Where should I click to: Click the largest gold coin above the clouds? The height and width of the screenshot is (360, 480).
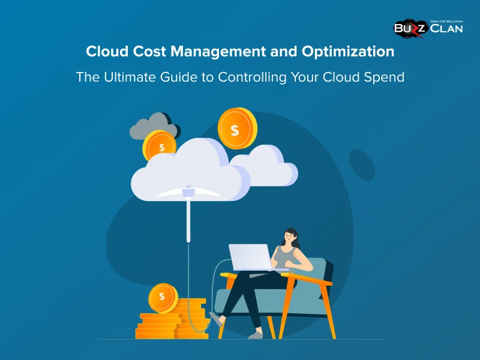[236, 128]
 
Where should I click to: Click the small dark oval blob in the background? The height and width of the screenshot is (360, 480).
[361, 165]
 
